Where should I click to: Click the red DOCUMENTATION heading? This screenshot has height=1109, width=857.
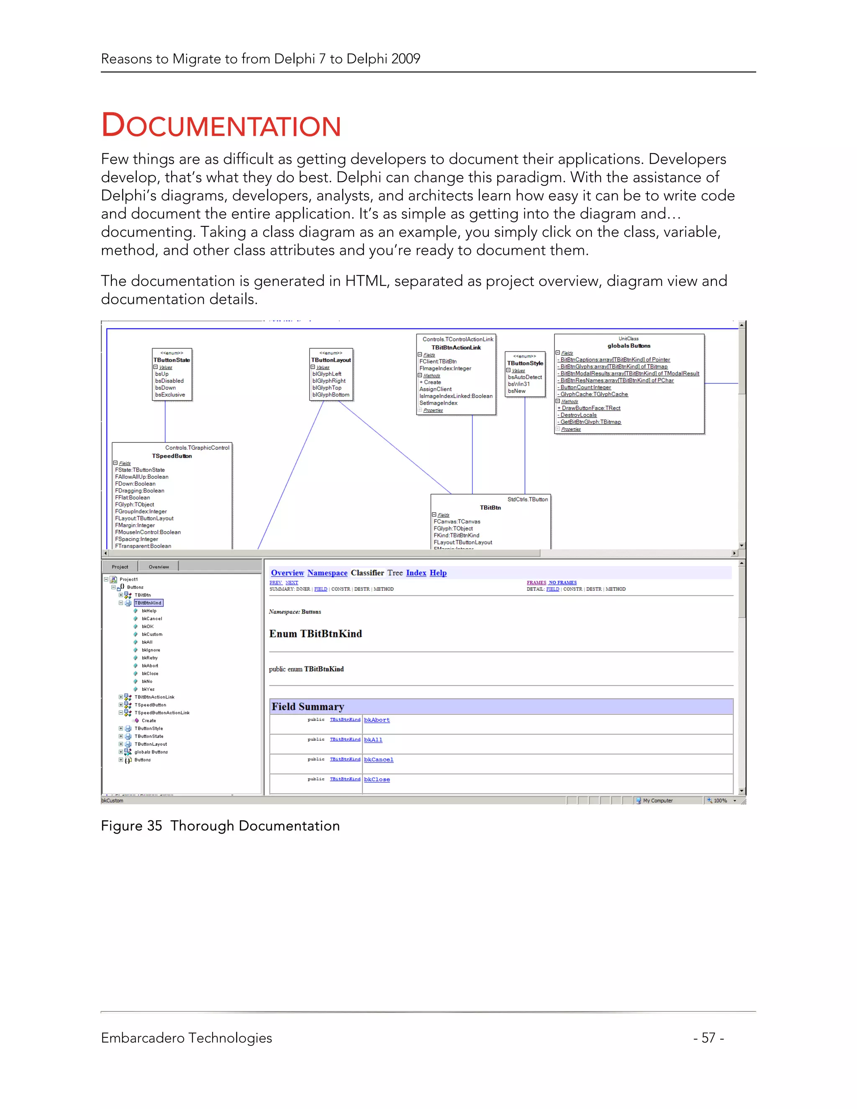221,126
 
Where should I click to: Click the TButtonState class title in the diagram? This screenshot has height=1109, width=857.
172,360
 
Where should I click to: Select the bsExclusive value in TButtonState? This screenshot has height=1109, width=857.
170,395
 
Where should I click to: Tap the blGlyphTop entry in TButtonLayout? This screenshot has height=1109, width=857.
326,388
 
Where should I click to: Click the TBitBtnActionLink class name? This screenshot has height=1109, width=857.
456,348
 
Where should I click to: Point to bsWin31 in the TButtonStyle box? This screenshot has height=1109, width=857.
518,384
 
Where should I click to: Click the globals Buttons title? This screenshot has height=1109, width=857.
629,346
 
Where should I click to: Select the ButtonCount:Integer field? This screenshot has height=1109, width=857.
585,388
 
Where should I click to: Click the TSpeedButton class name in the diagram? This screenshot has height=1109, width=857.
172,456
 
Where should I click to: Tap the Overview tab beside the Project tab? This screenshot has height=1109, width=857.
159,567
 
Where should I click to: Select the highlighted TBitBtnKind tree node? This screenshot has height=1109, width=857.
148,603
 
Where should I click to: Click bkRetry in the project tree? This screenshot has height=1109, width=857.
149,657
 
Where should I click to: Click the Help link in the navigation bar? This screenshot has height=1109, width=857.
438,573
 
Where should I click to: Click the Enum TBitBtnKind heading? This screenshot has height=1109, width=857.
315,634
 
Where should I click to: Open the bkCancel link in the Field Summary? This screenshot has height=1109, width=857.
378,760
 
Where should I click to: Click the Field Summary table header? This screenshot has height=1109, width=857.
308,706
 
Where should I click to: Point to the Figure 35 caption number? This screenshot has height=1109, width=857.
154,826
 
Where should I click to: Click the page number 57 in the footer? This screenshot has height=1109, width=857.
708,1037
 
